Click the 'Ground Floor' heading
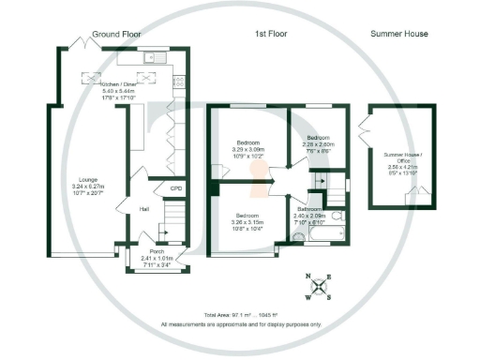pyautogui.click(x=118, y=34)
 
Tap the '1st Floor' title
pyautogui.click(x=271, y=34)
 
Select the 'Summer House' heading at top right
pyautogui.click(x=397, y=34)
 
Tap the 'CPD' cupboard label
pyautogui.click(x=175, y=190)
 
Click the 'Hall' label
pyautogui.click(x=145, y=209)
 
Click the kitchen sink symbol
pyautogui.click(x=151, y=58)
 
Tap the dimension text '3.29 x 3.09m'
pyautogui.click(x=248, y=149)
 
